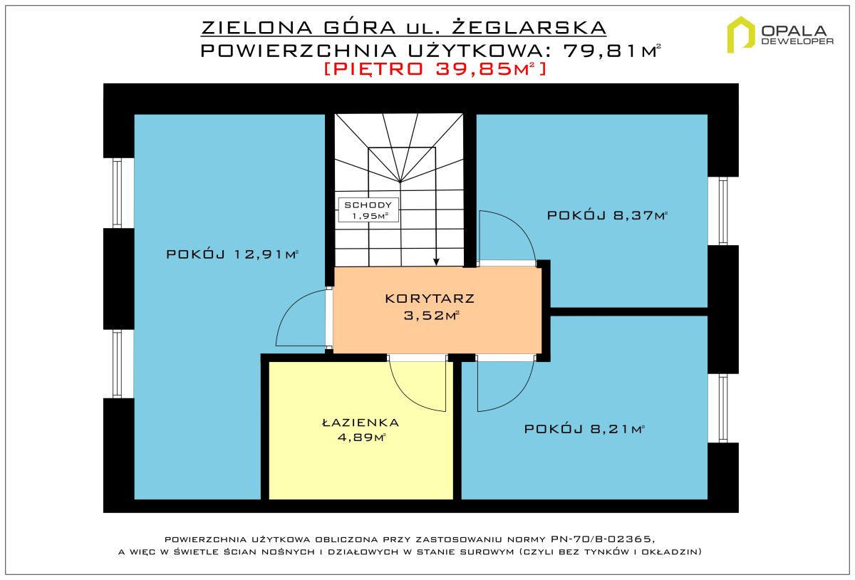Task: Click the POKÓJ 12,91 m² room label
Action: point(232,254)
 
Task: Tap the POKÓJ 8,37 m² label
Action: point(607,215)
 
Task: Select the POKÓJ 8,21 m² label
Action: point(584,429)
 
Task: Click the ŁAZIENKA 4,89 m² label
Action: point(361,430)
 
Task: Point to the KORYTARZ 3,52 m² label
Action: point(430,306)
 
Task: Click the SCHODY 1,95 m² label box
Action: point(368,210)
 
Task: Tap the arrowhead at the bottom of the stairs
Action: point(436,261)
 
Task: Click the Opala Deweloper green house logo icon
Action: point(741,34)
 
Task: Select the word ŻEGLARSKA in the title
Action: point(529,28)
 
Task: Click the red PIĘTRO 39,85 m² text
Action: point(435,68)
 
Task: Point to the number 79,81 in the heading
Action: point(601,51)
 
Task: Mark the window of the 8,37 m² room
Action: point(723,211)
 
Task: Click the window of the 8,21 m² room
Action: point(723,408)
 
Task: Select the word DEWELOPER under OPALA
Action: point(797,41)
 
